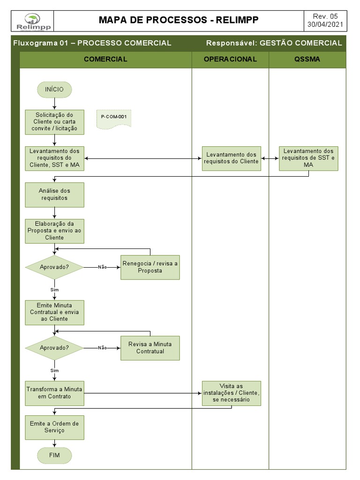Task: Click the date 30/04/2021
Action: click(x=325, y=24)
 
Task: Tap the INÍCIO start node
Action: click(x=54, y=90)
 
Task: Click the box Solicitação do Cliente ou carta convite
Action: click(x=55, y=122)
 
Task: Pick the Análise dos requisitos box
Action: click(x=55, y=195)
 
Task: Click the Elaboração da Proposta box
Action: click(x=55, y=231)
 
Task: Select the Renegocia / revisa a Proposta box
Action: click(x=150, y=267)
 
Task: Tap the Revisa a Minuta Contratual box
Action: click(x=150, y=348)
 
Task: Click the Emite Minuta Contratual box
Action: click(x=55, y=312)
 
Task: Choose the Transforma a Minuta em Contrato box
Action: click(x=55, y=393)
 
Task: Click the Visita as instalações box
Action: click(x=232, y=393)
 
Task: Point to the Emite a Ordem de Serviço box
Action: click(x=55, y=427)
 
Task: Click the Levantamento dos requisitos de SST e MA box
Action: click(x=308, y=158)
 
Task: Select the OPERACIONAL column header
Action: click(x=230, y=59)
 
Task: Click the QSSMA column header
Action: click(x=307, y=59)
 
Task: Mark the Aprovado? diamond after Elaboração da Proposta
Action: click(x=54, y=267)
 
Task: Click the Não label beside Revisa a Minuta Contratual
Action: click(x=102, y=348)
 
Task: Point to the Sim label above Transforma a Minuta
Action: click(x=54, y=370)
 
